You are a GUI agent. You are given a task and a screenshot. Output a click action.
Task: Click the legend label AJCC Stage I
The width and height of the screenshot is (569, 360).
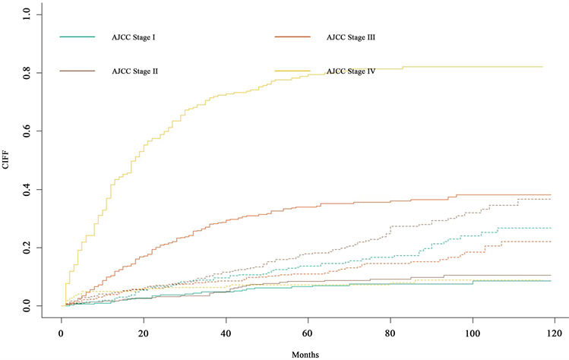coord(134,36)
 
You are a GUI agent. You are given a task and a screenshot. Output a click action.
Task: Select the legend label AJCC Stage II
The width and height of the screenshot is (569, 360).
coord(135,71)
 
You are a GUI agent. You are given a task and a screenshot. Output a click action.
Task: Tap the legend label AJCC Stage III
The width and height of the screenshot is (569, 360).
coord(351,36)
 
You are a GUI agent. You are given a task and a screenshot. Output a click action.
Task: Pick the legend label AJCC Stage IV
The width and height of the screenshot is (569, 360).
coord(350,71)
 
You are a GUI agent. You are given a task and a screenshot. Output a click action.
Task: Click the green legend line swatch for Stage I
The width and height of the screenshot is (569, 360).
coord(77,36)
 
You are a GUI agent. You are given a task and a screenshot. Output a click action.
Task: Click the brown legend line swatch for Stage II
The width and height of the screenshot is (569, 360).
coord(77,71)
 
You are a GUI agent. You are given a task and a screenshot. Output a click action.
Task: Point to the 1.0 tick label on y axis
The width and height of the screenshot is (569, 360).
coord(27,14)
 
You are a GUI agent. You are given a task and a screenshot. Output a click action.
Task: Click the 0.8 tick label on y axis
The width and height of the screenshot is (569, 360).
coord(27,72)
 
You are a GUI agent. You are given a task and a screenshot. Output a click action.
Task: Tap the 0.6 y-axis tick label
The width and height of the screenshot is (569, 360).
coord(27,131)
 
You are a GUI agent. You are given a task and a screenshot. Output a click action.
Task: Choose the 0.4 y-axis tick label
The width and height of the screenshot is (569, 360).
coord(27,189)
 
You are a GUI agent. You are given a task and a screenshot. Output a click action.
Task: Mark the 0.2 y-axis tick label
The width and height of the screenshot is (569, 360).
coord(27,248)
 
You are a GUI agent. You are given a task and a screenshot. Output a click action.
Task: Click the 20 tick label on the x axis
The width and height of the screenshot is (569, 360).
coord(144,332)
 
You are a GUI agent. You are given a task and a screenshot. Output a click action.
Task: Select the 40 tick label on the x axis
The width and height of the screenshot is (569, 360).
coord(226,332)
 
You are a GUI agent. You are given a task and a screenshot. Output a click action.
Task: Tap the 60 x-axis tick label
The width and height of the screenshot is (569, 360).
coord(308,332)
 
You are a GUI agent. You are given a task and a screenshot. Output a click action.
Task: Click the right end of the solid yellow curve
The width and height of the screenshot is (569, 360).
coord(542,67)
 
